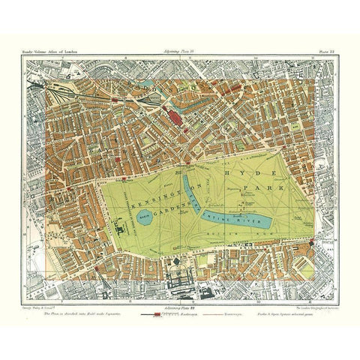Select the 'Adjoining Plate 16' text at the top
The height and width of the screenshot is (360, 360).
click(x=181, y=50)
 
